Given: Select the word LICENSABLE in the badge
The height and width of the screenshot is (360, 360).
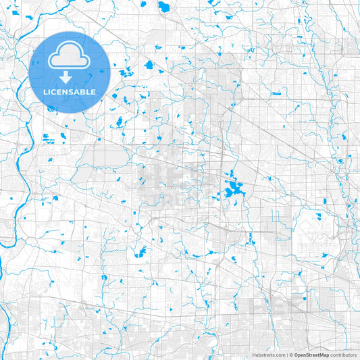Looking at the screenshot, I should pos(70,92).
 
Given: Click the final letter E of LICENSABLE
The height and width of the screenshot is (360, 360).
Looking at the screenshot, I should pos(93,92).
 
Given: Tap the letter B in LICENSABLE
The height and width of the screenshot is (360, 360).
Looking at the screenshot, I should pos(83,92).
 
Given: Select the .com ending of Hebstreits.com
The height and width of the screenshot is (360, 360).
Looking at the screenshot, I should pos(279,355).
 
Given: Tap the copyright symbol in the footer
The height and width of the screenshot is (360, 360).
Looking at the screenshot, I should pos(291,355).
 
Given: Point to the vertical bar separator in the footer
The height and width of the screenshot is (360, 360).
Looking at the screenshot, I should pos(286,355).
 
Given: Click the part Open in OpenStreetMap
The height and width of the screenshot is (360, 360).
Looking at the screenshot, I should pos(301,355).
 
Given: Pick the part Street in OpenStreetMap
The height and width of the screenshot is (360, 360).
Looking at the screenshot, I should pos(313,355).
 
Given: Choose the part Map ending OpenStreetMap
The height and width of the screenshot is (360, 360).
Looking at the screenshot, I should pos(324,355).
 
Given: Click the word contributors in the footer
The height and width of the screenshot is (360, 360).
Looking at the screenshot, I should pos(343,355).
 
